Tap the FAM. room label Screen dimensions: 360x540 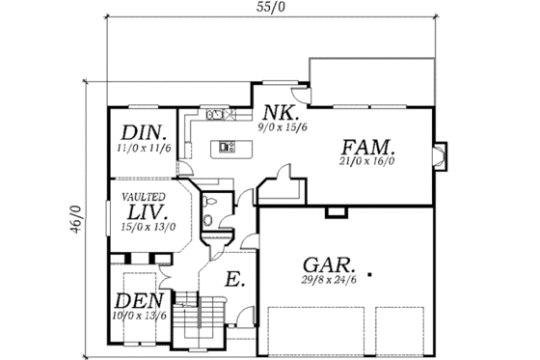point(367,148)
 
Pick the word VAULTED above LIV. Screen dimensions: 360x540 point(142,195)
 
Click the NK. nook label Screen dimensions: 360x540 point(273,110)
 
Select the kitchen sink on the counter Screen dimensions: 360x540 point(216,116)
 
